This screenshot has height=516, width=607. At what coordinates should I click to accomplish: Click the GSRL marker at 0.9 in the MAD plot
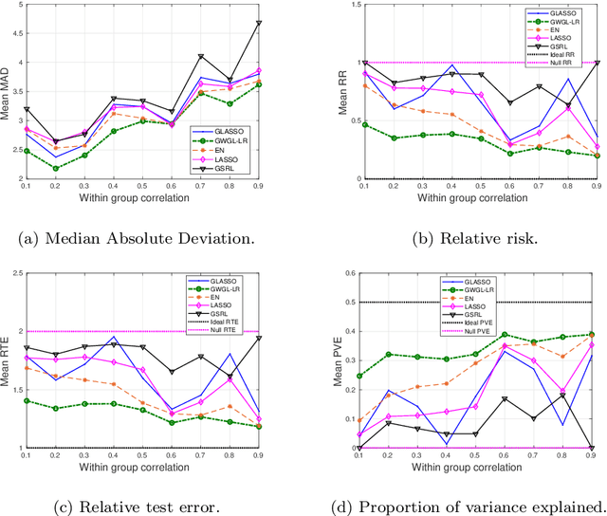(x=285, y=23)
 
